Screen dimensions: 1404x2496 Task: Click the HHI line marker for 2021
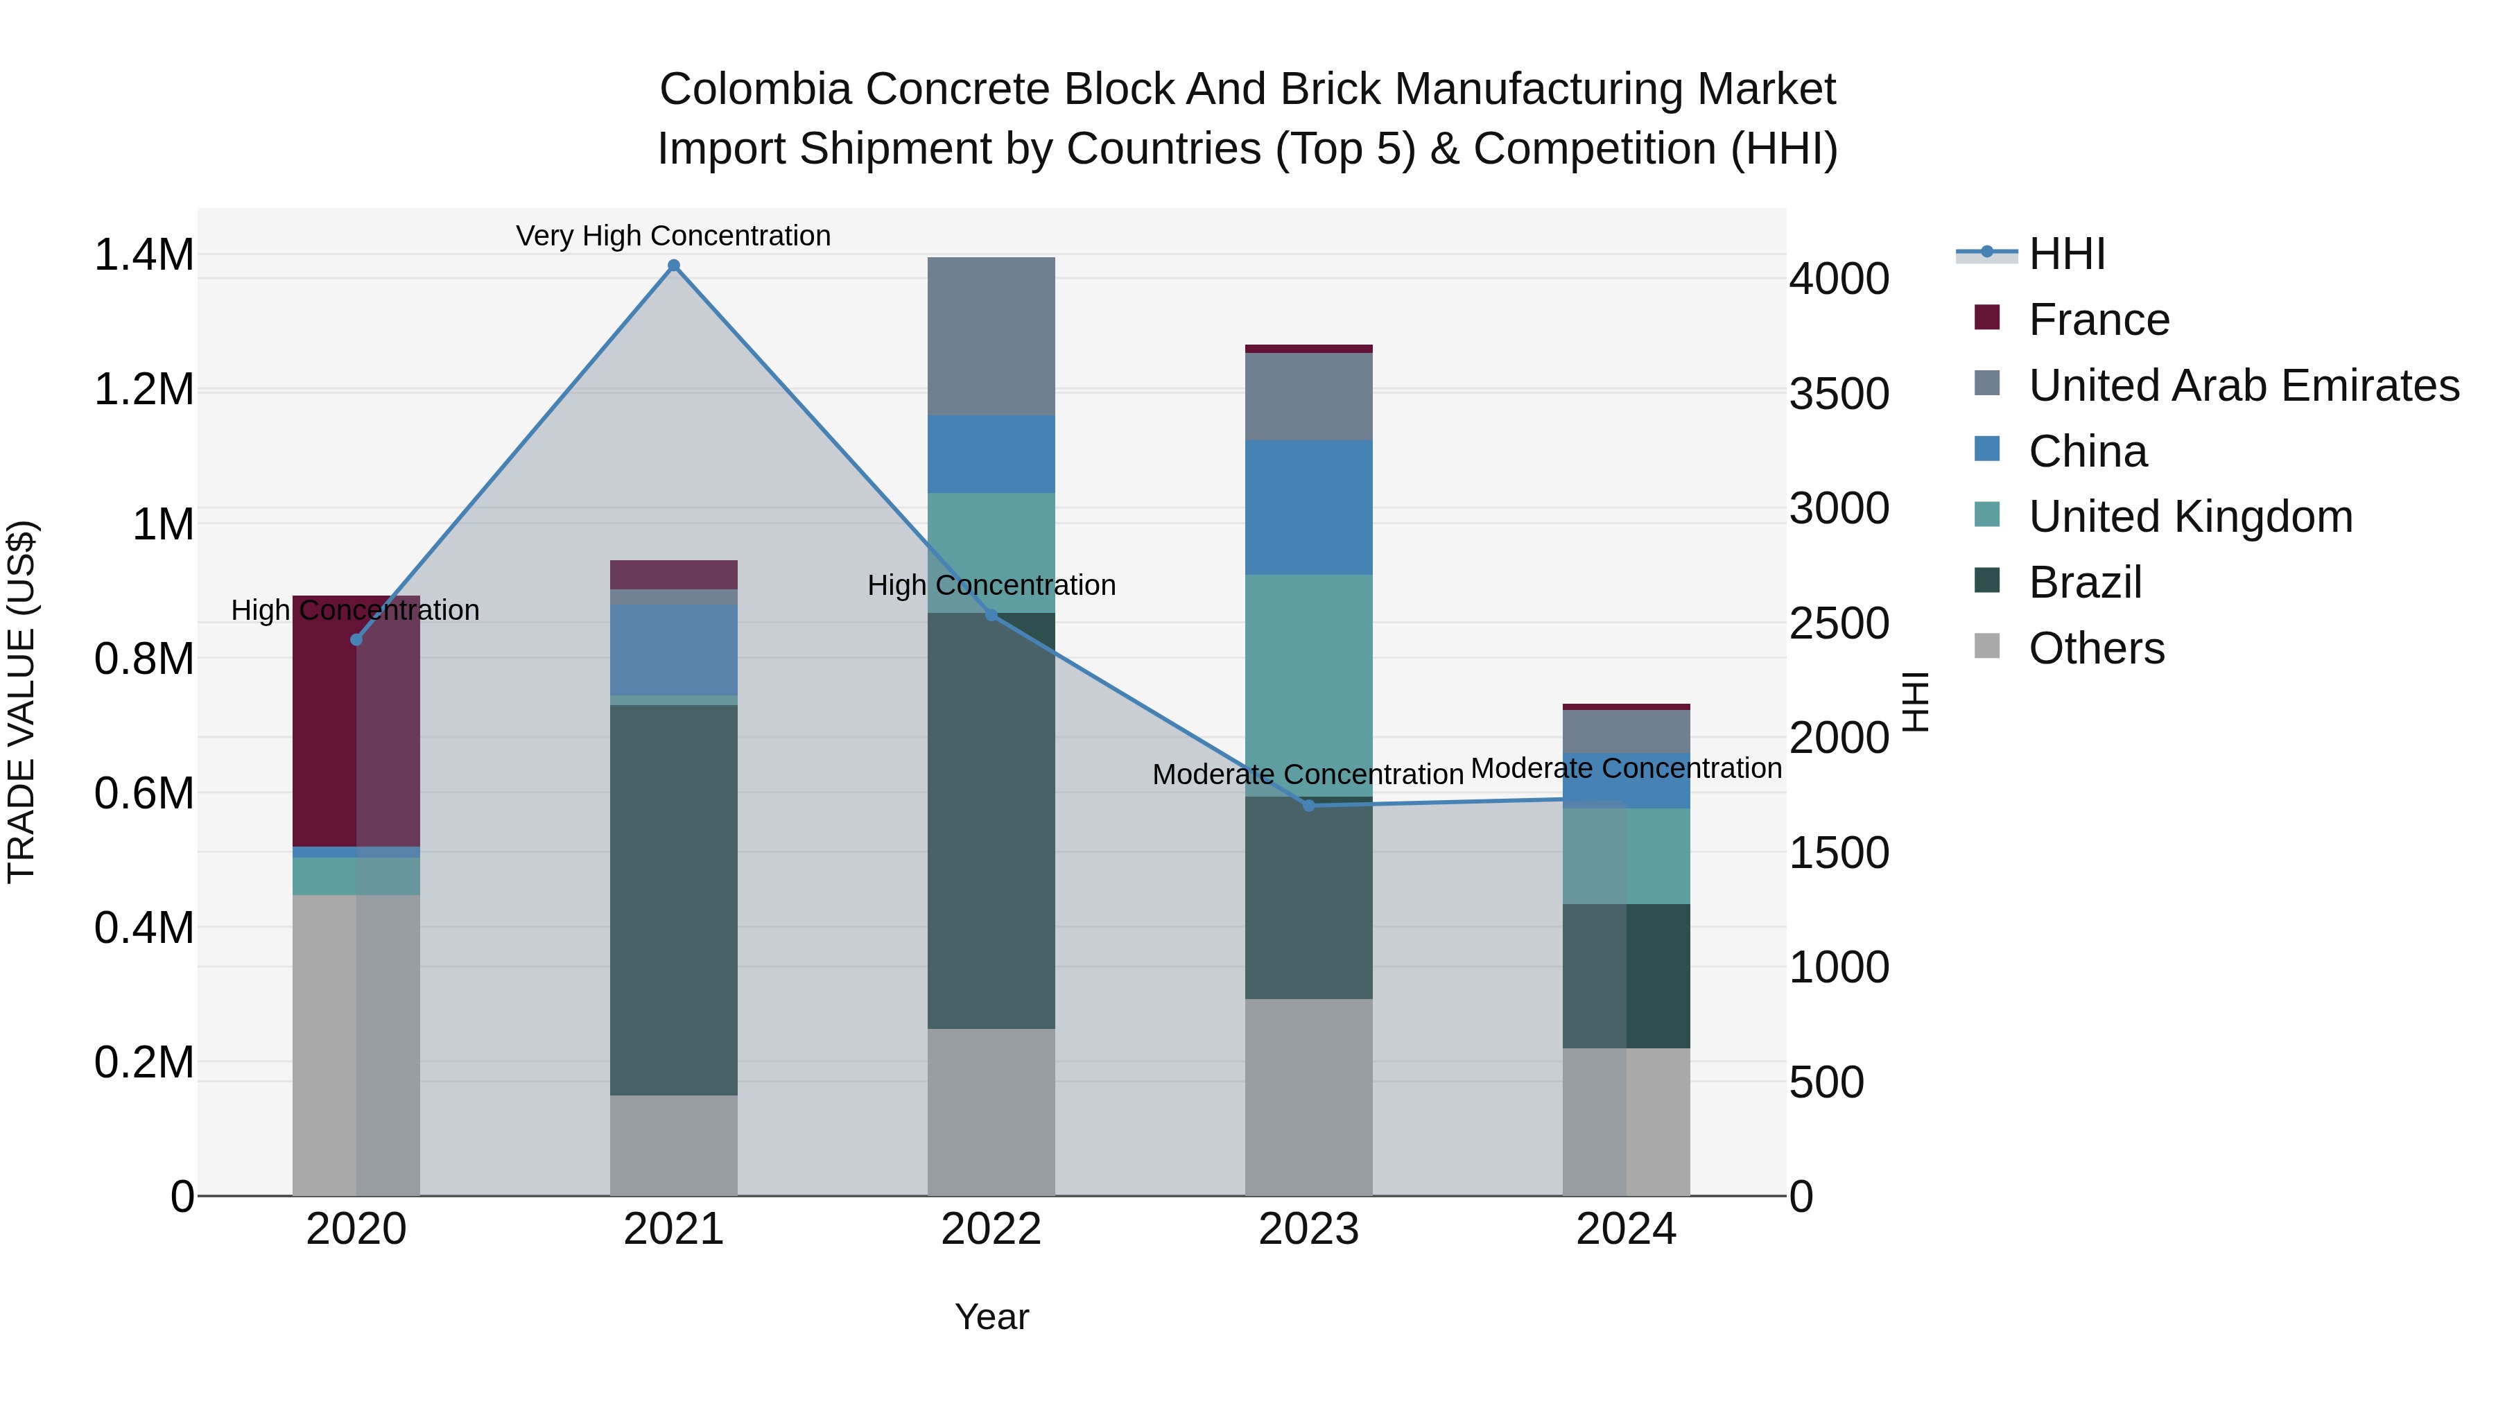pyautogui.click(x=673, y=266)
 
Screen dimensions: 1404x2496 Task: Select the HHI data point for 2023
pyautogui.click(x=1308, y=805)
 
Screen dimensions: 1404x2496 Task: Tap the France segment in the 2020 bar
pyautogui.click(x=356, y=722)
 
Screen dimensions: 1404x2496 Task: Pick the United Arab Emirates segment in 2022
pyautogui.click(x=990, y=336)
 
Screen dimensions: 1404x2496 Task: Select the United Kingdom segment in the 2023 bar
pyautogui.click(x=1308, y=685)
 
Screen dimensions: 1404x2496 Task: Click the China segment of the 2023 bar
pyautogui.click(x=1308, y=508)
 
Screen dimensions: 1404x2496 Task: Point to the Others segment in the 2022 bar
pyautogui.click(x=990, y=1111)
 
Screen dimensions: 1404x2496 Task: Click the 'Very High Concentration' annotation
pyautogui.click(x=673, y=236)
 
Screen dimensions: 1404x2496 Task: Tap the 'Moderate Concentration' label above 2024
pyautogui.click(x=1626, y=768)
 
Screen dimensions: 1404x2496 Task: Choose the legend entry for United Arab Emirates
pyautogui.click(x=2243, y=385)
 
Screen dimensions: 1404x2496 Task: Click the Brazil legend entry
pyautogui.click(x=2084, y=582)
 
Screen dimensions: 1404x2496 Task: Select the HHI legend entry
pyautogui.click(x=2066, y=254)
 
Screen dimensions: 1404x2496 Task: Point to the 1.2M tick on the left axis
pyautogui.click(x=144, y=390)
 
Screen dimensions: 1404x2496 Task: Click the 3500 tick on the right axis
pyautogui.click(x=1838, y=395)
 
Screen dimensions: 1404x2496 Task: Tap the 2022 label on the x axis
pyautogui.click(x=990, y=1229)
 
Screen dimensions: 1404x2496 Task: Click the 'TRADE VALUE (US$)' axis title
pyautogui.click(x=21, y=702)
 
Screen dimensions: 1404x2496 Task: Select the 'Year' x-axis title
pyautogui.click(x=991, y=1317)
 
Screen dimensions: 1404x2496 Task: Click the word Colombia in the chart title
pyautogui.click(x=755, y=89)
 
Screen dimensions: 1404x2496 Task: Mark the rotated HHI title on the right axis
pyautogui.click(x=1916, y=702)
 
